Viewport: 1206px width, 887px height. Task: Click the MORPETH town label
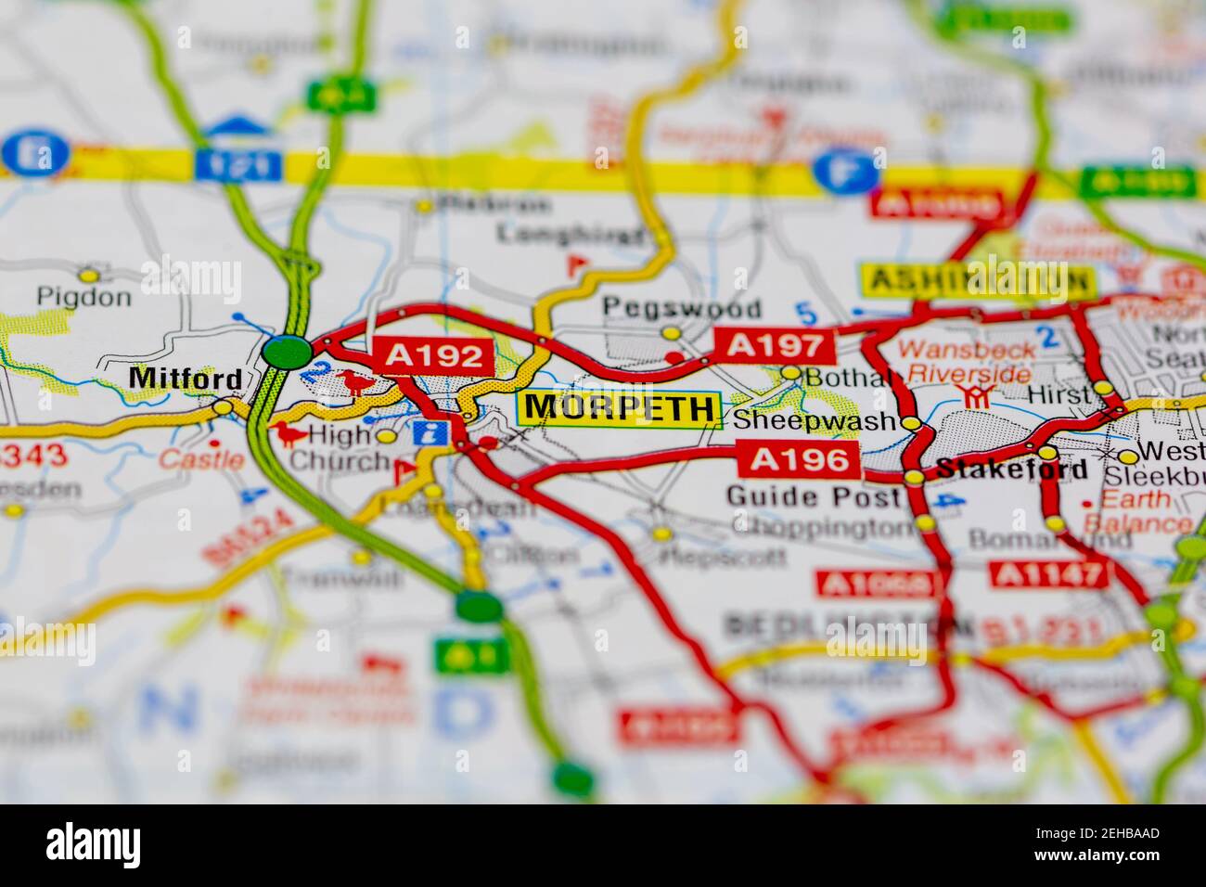(620, 408)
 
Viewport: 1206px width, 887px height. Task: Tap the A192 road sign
(432, 355)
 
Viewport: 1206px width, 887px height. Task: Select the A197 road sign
(775, 346)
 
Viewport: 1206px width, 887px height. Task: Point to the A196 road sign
(800, 458)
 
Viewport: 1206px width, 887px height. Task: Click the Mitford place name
(186, 379)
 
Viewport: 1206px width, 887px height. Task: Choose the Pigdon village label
(83, 297)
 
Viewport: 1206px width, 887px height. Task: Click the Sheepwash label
(815, 420)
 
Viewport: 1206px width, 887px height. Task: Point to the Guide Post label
(813, 496)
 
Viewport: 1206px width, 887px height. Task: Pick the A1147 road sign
(1048, 575)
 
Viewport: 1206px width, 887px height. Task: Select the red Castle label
(201, 458)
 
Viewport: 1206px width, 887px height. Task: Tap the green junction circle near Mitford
(287, 352)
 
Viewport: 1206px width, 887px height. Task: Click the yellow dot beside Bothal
(790, 373)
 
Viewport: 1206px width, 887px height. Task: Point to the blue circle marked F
(846, 171)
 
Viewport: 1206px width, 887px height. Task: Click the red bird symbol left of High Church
(288, 433)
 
